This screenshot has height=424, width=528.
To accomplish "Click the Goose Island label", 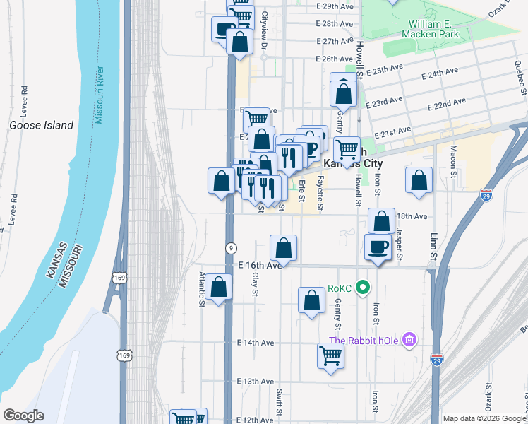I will coord(41,125).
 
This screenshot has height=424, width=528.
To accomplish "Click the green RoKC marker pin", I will coord(363,288).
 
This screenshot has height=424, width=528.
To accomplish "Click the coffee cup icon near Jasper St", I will coord(377,247).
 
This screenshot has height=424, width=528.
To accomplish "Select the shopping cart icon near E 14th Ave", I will coord(330,355).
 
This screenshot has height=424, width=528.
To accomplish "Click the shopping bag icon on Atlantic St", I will coord(220,288).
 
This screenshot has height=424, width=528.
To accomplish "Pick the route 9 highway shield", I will coord(230,247).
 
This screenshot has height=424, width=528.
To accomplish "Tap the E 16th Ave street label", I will coord(260,265).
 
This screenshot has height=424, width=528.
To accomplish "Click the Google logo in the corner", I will coord(23,416).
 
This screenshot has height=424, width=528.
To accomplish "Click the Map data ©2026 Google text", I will coord(484,418).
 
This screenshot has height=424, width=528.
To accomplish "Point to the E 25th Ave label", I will coord(385,71).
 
